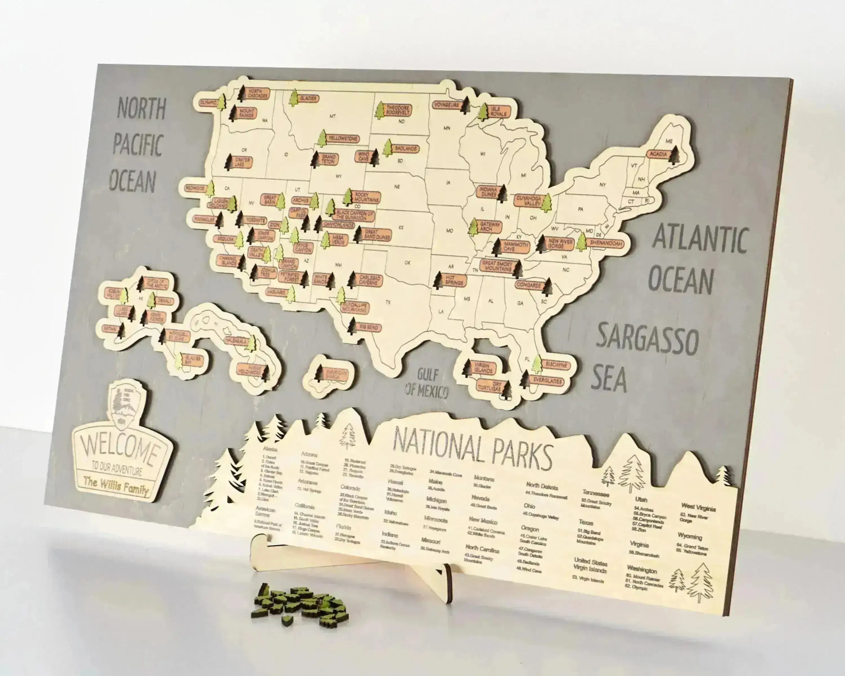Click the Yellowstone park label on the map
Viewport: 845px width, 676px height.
343,139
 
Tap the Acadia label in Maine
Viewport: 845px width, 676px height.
658,154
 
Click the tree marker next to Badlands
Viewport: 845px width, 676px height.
388,148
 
